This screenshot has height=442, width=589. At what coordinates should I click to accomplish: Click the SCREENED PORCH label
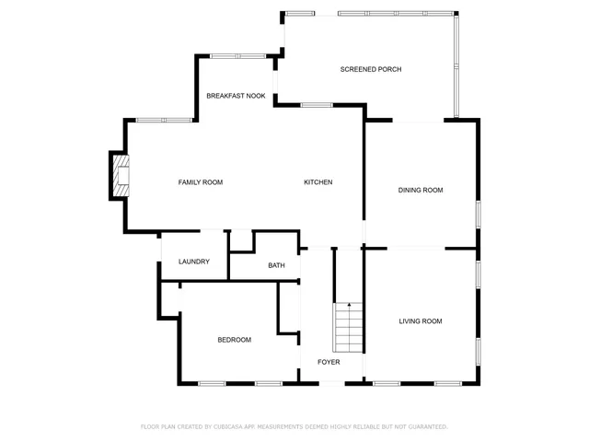point(371,70)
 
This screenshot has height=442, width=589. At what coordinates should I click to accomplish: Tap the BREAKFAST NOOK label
point(236,96)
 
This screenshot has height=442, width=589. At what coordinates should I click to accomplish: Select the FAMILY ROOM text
point(201,182)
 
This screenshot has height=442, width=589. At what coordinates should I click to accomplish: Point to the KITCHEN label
point(318,182)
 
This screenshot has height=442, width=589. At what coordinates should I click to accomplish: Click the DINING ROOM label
point(421,191)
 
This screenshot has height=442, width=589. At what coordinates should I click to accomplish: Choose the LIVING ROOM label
point(421,321)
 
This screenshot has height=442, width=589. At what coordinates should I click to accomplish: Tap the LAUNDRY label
point(194,262)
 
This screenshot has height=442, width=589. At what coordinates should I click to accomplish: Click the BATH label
point(276,266)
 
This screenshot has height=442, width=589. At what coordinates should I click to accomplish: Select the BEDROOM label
point(234,340)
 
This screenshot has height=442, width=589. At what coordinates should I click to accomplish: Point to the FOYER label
point(329,362)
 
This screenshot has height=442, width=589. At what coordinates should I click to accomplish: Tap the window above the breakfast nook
point(238,56)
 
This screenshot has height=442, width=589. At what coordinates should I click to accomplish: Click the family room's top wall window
point(164,120)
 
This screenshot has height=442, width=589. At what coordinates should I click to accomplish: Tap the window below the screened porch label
point(317,105)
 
